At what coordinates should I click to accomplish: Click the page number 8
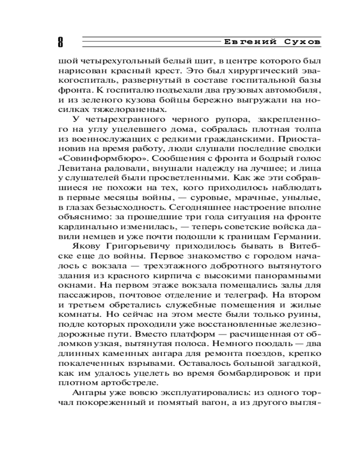(60, 42)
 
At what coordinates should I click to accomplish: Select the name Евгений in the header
(247, 41)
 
